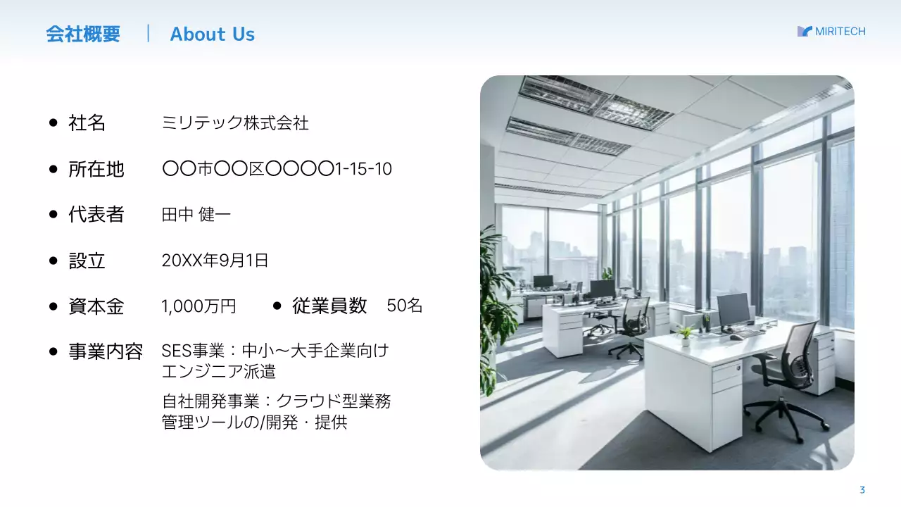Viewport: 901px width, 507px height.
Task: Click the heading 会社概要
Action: [83, 34]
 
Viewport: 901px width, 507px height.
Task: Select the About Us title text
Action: [212, 34]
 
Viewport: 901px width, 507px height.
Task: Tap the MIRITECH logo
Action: [831, 31]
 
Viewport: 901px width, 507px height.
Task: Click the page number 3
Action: [862, 490]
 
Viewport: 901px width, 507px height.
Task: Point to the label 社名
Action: [87, 123]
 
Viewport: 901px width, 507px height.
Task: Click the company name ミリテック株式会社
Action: [235, 123]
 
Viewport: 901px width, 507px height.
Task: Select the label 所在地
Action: [96, 169]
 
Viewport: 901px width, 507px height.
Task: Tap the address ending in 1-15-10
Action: [277, 169]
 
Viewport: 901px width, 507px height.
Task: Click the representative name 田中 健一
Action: [196, 215]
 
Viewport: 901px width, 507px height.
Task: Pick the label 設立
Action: [87, 261]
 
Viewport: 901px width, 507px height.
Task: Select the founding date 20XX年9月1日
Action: [215, 261]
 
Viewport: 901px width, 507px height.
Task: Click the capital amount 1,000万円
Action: [199, 306]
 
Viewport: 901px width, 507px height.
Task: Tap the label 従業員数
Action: [329, 306]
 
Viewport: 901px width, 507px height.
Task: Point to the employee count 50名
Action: [405, 306]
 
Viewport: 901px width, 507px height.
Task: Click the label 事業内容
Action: [105, 351]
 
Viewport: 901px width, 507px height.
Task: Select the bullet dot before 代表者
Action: [53, 215]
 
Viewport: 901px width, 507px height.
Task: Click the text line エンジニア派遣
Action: [218, 371]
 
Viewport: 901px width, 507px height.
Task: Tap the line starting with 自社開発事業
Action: [276, 401]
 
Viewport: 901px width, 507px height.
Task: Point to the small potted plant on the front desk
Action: [684, 335]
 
